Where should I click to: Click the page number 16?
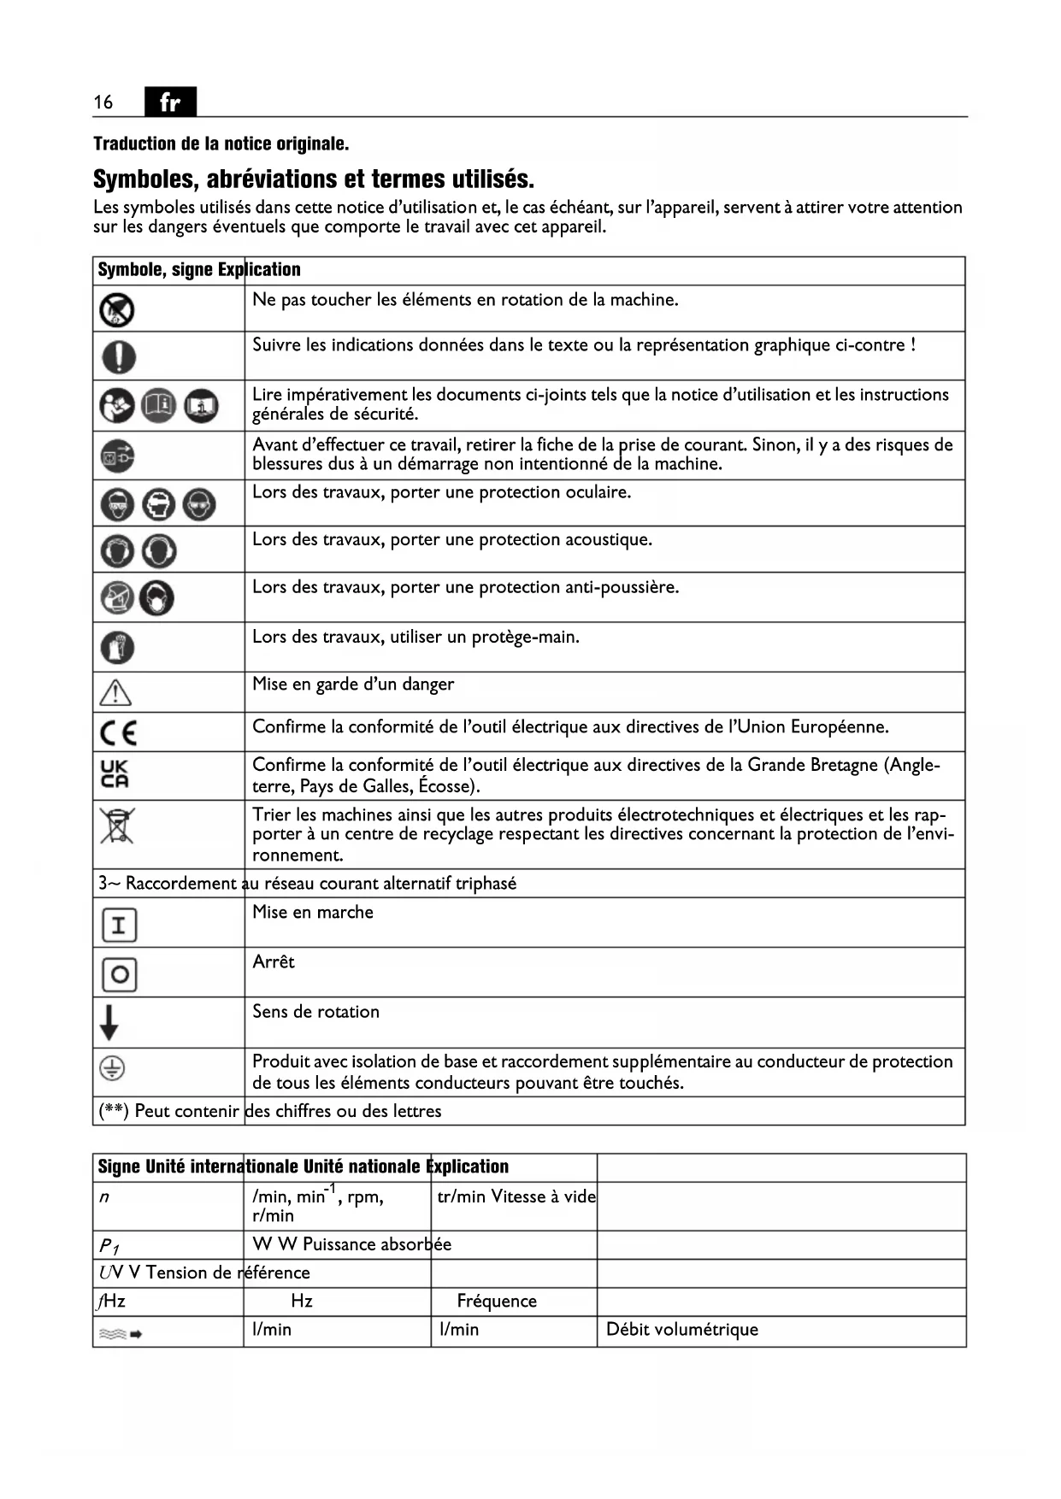coord(103,103)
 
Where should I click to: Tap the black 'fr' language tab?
coord(170,102)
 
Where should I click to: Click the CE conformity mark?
coord(118,733)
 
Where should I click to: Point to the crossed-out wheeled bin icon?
coord(117,826)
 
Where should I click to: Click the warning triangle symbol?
coord(115,691)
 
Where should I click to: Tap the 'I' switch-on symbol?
coord(119,925)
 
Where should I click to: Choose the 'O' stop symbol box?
coord(119,974)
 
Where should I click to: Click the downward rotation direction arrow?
coord(109,1022)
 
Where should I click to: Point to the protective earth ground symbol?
coord(113,1068)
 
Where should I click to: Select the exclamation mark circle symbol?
coord(118,356)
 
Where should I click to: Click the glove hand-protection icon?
coord(117,648)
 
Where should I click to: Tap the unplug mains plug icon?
coord(117,456)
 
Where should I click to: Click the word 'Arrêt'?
coord(273,962)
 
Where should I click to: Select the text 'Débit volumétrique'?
coord(681,1330)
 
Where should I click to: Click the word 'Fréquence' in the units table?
coord(497,1302)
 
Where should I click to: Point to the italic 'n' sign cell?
coord(104,1197)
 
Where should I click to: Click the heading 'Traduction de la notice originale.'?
coord(221,144)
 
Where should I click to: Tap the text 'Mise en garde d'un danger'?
coord(353,685)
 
